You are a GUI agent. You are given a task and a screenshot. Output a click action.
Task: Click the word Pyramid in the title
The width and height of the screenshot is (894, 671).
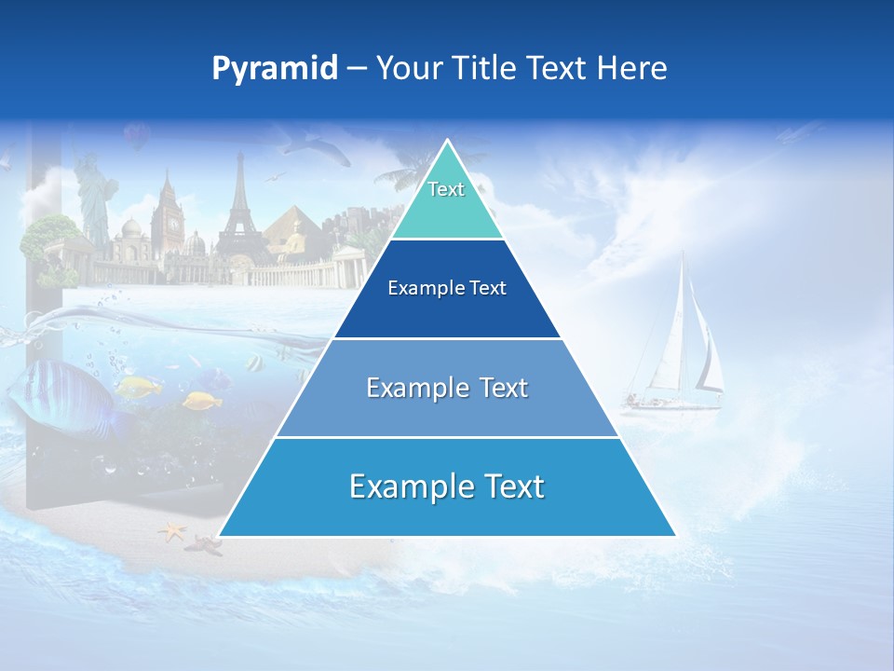pos(274,69)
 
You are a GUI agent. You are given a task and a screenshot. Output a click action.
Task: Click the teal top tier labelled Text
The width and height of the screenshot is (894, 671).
pos(446,200)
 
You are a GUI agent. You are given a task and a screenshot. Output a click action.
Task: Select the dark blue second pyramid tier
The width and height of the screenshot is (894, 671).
pos(447,289)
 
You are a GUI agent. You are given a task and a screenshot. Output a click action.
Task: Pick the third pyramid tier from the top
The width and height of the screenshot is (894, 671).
pos(447,388)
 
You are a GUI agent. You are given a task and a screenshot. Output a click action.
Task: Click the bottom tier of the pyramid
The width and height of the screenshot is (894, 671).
pos(447,487)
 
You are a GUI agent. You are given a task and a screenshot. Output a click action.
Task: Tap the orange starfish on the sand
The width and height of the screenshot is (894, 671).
pos(171,532)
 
